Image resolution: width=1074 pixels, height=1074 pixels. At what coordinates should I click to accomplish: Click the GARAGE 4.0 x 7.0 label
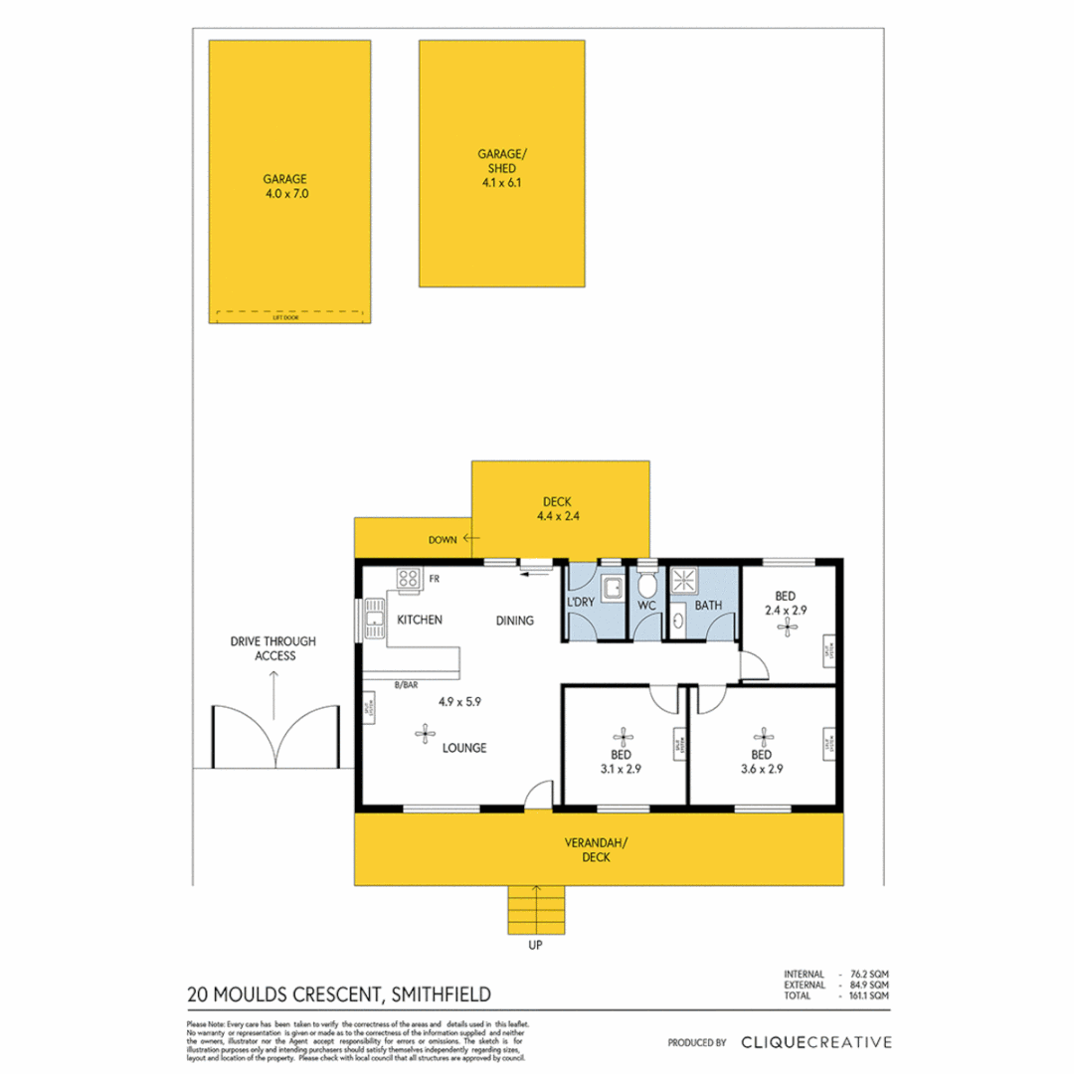285,187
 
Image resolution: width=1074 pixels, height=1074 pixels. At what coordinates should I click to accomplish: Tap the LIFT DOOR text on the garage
285,317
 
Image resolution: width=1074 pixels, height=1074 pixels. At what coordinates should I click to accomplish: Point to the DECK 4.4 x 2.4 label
559,508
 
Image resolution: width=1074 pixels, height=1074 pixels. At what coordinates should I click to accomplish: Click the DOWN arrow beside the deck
471,539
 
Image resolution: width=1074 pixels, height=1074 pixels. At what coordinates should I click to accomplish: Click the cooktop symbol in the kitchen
408,578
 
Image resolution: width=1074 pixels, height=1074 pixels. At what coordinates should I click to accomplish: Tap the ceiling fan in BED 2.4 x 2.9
791,626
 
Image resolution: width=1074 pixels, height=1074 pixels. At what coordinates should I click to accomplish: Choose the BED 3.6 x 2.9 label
764,761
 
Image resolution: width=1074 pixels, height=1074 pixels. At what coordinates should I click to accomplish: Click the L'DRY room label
580,604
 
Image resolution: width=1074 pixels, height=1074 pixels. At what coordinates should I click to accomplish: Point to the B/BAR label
405,685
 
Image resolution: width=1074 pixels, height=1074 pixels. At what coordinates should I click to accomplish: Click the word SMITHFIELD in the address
440,993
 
